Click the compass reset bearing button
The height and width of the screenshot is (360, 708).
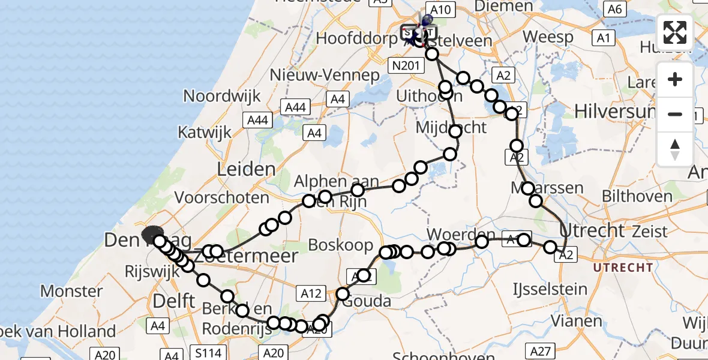[x=675, y=149]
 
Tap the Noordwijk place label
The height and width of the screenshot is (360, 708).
[x=222, y=95]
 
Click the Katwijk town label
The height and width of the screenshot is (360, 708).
[x=205, y=133]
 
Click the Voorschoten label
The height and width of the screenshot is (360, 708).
[x=222, y=197]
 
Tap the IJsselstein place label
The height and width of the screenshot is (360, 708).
[x=550, y=290]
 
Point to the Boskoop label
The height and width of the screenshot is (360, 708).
[x=335, y=245]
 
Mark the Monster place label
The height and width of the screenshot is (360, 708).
[x=71, y=292]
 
